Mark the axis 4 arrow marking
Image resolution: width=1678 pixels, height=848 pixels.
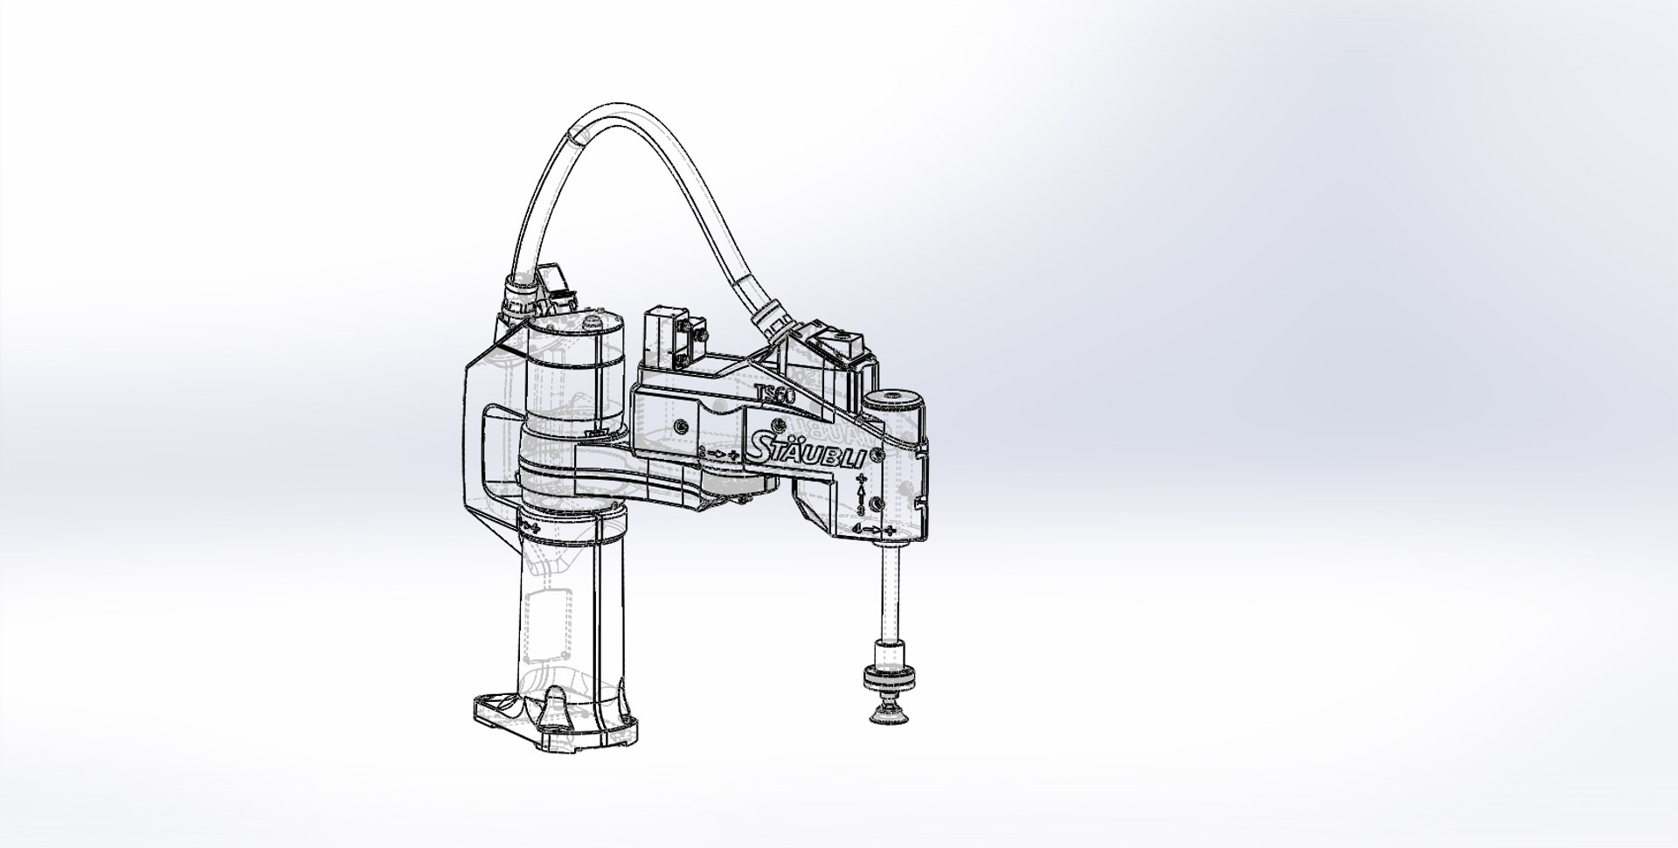coord(874,529)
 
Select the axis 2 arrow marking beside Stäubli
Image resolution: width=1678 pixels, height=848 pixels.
coord(720,454)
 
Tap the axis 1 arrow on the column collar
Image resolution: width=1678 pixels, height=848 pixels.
coord(529,527)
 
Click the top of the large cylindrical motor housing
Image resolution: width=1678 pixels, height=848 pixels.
coord(577,324)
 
